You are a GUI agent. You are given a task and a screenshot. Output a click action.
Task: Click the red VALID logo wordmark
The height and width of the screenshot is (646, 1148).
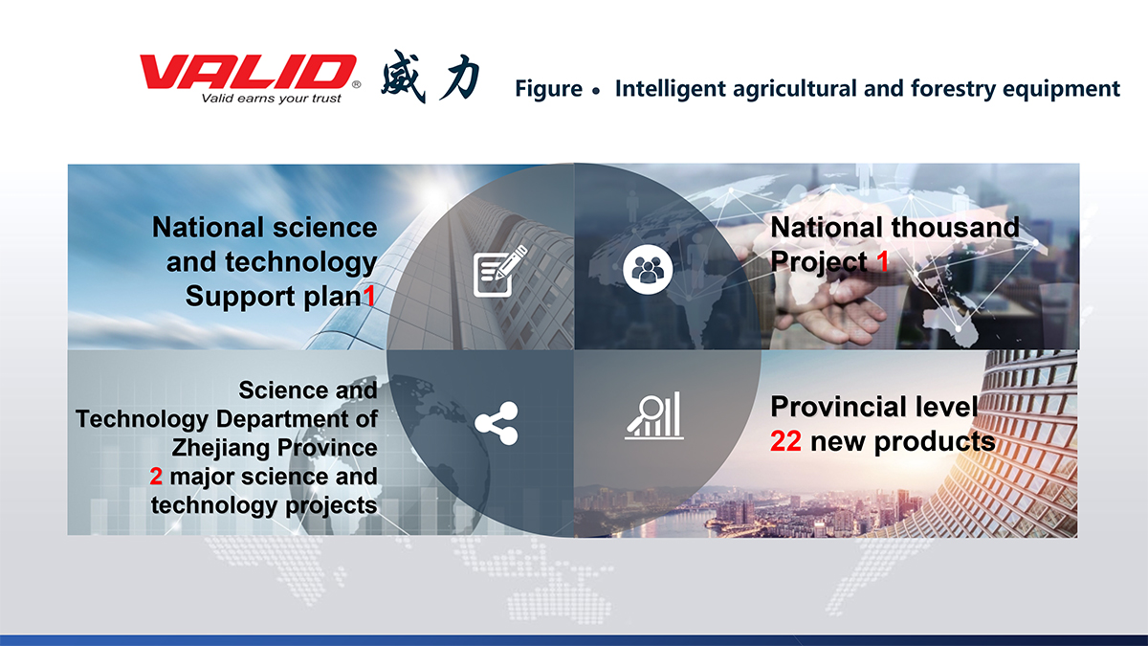[x=248, y=72]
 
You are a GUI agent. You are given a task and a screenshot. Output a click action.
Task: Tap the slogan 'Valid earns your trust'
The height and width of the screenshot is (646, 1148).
[x=271, y=99]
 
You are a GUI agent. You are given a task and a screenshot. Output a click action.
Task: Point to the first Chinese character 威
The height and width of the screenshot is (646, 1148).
[x=404, y=76]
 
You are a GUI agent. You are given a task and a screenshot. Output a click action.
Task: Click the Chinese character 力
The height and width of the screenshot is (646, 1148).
[x=459, y=77]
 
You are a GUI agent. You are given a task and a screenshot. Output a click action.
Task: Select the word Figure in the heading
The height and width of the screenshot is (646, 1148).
[x=548, y=89]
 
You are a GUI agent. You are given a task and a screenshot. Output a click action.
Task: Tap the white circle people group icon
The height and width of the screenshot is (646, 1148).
[x=648, y=270]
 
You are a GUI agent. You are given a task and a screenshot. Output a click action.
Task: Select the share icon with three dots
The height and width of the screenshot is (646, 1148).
[x=497, y=423]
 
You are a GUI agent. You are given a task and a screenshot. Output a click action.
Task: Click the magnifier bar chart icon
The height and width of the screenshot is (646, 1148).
[x=654, y=415]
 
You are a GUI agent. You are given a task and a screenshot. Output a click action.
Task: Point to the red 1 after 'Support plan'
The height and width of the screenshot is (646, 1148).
[x=369, y=296]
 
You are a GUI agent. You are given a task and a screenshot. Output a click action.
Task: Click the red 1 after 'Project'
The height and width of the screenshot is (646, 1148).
[x=882, y=261]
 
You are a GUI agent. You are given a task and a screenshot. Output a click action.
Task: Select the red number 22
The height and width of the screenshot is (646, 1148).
[x=785, y=441]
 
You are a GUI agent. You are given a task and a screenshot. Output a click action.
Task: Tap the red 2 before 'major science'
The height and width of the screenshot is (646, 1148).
[x=156, y=477]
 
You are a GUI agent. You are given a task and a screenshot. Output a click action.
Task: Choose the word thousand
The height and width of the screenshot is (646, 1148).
[x=956, y=227]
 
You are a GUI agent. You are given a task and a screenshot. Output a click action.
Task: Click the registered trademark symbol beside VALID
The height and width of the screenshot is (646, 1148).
[x=356, y=84]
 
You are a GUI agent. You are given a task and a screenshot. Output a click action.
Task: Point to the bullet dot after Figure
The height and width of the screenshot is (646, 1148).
[x=595, y=91]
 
